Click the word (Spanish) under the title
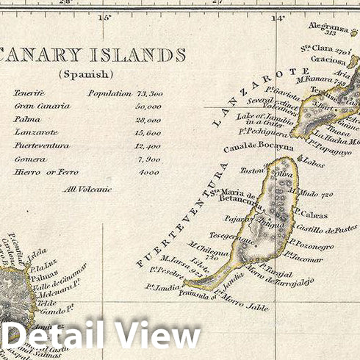pyautogui.click(x=86, y=74)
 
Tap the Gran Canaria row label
pyautogui.click(x=41, y=107)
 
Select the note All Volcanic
pyautogui.click(x=87, y=189)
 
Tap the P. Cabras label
pyautogui.click(x=312, y=215)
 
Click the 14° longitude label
pyautogui.click(x=278, y=17)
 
